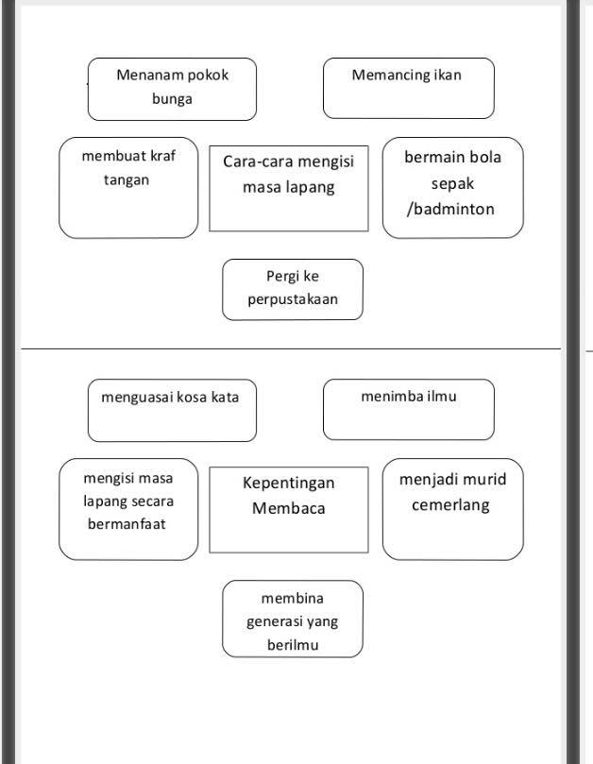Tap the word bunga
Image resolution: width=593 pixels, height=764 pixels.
point(172,99)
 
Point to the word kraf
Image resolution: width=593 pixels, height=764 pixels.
point(162,156)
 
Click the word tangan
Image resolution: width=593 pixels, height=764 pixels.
point(127,180)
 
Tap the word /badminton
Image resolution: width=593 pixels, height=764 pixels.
point(450,209)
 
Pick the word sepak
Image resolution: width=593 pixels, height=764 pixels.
point(452,184)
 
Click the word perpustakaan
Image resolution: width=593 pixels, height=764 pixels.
point(293,299)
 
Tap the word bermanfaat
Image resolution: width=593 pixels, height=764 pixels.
point(127,524)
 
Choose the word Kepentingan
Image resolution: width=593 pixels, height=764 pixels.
point(288,484)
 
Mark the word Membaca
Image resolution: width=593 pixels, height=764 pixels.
point(288,508)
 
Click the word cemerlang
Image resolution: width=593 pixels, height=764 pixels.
point(450,505)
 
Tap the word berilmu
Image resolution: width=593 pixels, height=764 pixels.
point(293,645)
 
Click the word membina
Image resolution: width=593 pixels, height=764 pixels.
point(293,598)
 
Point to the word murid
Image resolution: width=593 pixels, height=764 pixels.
point(483,479)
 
